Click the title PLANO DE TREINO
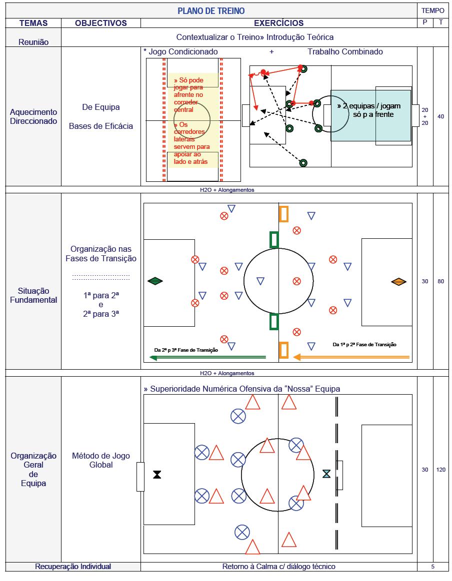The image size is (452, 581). [x=211, y=10]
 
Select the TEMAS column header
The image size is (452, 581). [x=33, y=23]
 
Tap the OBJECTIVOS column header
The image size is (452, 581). [x=101, y=23]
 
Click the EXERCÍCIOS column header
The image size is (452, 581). [x=278, y=23]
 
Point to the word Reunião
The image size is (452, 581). [x=33, y=42]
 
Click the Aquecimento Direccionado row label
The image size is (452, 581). [x=33, y=116]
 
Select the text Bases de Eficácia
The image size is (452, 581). [x=101, y=126]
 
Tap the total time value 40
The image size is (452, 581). [x=441, y=117]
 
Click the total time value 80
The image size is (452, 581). [x=441, y=282]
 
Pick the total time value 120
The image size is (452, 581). [x=441, y=470]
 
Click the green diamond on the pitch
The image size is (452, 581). [x=155, y=281]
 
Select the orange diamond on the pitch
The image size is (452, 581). [x=398, y=282]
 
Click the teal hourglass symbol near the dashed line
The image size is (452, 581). [x=326, y=473]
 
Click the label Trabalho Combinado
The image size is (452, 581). [x=345, y=51]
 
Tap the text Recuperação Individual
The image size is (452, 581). [x=73, y=567]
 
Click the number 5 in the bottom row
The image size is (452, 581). [x=432, y=567]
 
